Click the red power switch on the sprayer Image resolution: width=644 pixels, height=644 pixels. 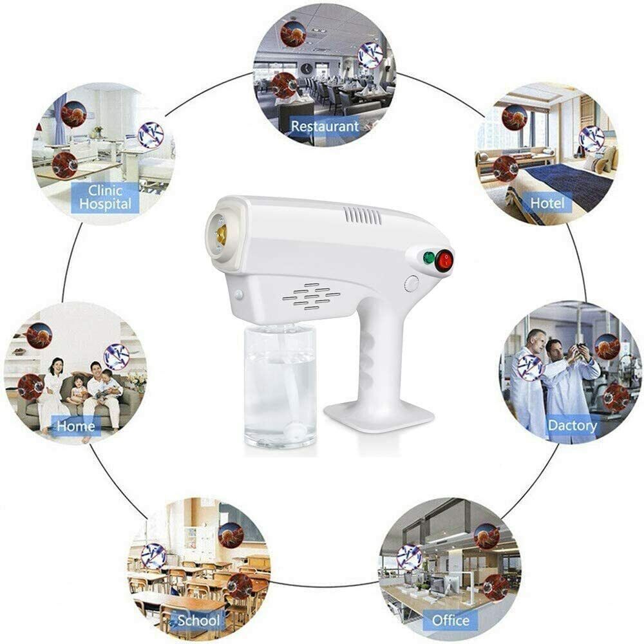pos(444,260)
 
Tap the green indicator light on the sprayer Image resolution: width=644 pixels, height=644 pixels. pos(429,258)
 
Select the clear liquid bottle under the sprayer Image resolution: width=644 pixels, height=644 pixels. pos(281,385)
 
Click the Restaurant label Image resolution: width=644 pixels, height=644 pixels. pos(325,126)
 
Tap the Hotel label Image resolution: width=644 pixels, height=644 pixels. pos(547,203)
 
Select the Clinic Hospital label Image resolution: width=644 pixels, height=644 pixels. pos(106,197)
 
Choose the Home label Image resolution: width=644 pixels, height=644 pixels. pos(76,426)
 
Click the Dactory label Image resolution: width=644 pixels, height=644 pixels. pos(572,425)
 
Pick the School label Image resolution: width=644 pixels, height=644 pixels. pos(198,620)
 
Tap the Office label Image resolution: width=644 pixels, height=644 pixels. pos(451,620)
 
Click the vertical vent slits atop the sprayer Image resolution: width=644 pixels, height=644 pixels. pos(362,216)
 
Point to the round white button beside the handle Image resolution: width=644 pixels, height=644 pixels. pos(411,284)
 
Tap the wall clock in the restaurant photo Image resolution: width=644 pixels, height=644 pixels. pos(307,68)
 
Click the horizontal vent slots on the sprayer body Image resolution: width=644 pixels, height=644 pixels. pos(311,296)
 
